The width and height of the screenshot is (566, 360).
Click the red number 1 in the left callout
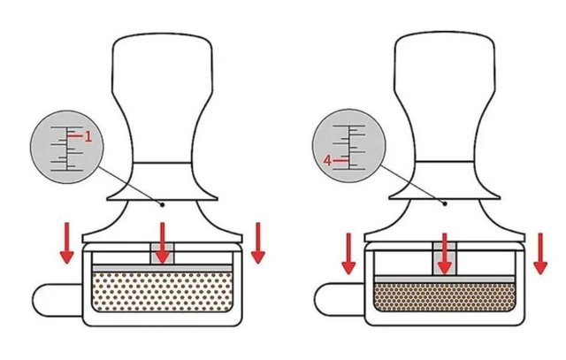[x=88, y=136]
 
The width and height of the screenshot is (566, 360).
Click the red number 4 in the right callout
[x=327, y=160]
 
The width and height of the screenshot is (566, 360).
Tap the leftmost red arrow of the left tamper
[x=67, y=243]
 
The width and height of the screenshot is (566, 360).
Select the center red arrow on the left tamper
[x=163, y=243]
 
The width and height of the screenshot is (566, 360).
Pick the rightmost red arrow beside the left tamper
[x=258, y=243]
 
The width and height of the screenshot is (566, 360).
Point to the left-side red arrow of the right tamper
[x=348, y=254]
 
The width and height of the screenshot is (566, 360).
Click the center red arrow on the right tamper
[x=445, y=254]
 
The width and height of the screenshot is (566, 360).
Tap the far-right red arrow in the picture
[x=540, y=254]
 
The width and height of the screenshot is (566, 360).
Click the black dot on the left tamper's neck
[x=163, y=204]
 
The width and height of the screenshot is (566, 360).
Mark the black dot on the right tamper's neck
[x=445, y=203]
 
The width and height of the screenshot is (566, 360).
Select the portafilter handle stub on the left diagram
[x=57, y=301]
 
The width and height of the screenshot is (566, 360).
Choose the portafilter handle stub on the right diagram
[x=340, y=299]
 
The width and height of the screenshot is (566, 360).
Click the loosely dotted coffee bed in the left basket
[x=162, y=292]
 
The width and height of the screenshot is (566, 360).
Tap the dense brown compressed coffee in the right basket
[x=444, y=297]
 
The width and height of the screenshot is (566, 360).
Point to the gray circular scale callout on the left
[x=67, y=147]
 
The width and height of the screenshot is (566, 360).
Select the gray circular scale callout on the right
[x=348, y=146]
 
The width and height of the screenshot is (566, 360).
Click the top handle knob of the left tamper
[x=162, y=98]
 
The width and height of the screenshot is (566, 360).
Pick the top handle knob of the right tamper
[x=444, y=96]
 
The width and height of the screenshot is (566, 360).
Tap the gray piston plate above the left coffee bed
[x=162, y=268]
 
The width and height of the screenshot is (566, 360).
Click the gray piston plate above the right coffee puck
[x=444, y=280]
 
